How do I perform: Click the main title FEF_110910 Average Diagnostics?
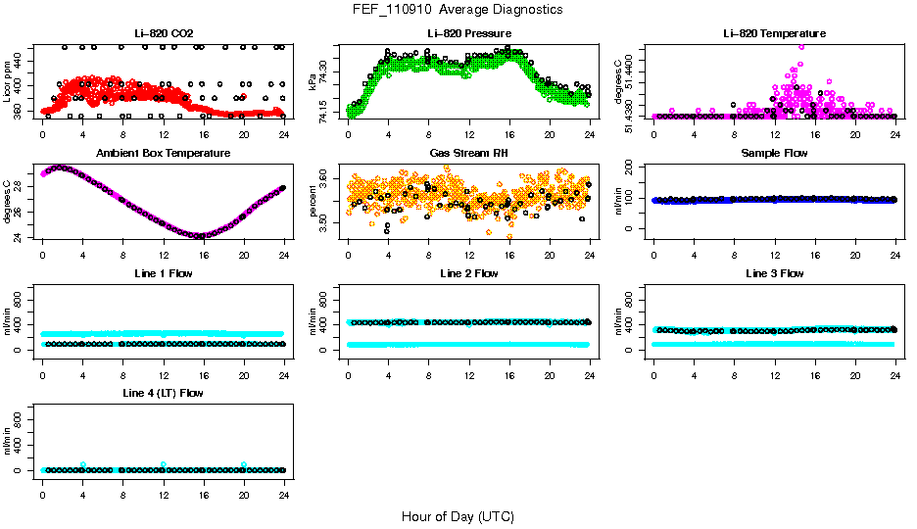[458, 9]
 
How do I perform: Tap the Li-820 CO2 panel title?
[164, 34]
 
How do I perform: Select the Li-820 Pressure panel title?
[468, 34]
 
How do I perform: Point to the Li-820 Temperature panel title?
[774, 34]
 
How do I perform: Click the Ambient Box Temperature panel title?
[164, 154]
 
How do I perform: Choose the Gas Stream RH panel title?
[468, 154]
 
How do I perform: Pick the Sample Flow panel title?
[774, 154]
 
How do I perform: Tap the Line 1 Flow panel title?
[164, 273]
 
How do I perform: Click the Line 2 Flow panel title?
[468, 273]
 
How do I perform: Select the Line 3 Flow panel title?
[774, 273]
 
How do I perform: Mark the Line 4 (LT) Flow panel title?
[164, 393]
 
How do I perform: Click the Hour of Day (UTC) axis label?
[458, 516]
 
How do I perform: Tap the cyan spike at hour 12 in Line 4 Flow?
[164, 464]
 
